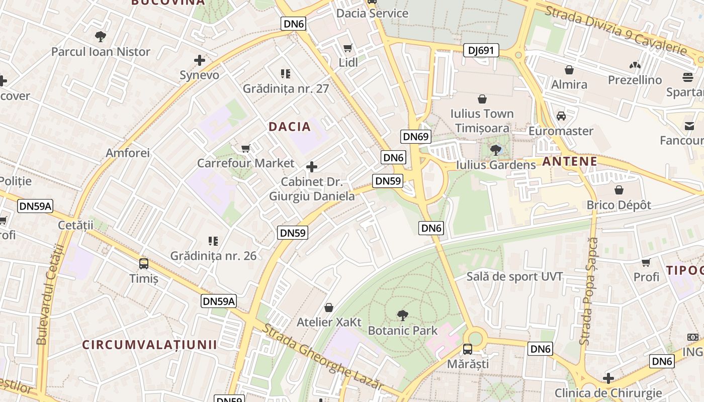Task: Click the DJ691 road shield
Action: coord(481,50)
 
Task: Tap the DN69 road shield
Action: coord(416,137)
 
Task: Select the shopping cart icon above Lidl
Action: coord(347,48)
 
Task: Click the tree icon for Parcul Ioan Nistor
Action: coord(101,36)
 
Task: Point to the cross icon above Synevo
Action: coord(200,60)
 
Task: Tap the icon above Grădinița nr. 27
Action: coord(286,74)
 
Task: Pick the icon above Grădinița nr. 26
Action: coord(213,241)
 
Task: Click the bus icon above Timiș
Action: coord(144,263)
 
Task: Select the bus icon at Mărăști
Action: coord(468,349)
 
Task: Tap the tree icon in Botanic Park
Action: coord(402,316)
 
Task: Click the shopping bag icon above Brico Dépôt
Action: coord(619,190)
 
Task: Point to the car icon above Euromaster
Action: coord(561,116)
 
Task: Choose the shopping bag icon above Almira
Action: coord(569,69)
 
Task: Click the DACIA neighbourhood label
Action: coord(290,127)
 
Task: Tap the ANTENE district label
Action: coord(570,162)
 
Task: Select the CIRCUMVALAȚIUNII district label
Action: coord(149,345)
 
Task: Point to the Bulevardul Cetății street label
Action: coord(48,294)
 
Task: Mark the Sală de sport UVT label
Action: coord(514,276)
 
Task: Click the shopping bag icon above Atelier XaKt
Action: coord(329,307)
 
